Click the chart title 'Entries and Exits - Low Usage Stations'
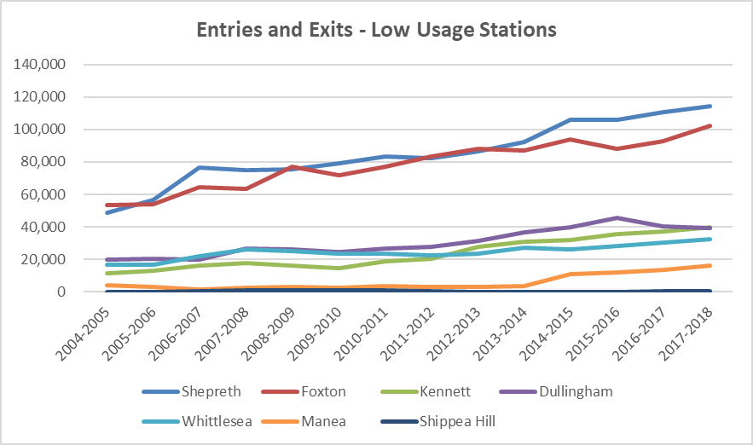(x=376, y=30)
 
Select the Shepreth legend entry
(x=205, y=393)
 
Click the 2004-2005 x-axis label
(x=81, y=328)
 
